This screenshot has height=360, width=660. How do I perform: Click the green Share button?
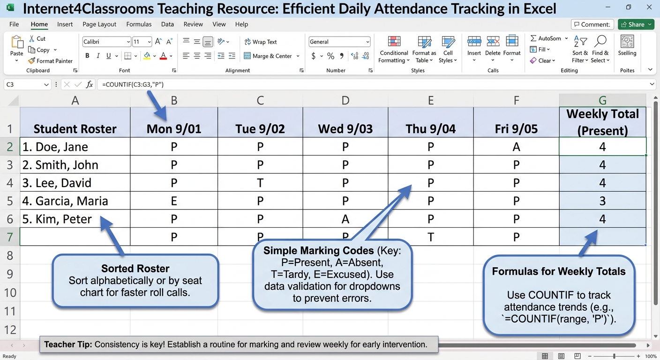pos(636,24)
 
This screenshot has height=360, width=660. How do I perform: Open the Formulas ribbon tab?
pos(139,24)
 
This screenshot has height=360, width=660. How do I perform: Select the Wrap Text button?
pos(261,42)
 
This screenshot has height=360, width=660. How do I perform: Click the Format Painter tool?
pos(50,60)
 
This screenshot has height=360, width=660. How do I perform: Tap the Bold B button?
pos(87,55)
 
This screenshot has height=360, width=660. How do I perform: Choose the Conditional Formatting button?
pos(394,49)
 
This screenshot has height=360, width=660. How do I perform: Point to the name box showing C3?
pos(27,84)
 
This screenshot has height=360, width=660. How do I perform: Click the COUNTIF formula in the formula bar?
pos(133,84)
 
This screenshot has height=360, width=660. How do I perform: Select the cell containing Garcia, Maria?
pos(75,201)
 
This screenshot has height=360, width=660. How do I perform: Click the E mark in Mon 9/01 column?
pos(174,201)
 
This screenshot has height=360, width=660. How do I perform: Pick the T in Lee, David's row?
pos(260,183)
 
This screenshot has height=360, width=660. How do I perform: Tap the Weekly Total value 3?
pos(602,201)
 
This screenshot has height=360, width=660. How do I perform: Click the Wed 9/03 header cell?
pos(345,122)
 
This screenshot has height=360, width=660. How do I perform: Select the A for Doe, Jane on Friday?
pos(516,147)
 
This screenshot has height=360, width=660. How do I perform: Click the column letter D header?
pos(345,100)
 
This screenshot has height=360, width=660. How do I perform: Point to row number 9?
pos(10,274)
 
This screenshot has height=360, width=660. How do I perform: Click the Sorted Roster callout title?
pos(135,269)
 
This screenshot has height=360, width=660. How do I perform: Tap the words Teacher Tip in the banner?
pos(68,345)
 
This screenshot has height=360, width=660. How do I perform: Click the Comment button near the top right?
pos(592,24)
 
